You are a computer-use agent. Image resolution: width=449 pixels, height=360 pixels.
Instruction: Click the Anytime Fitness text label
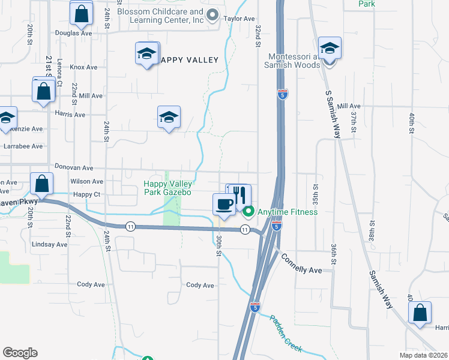(288, 212)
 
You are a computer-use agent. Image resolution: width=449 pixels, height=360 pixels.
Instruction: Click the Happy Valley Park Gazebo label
(167, 188)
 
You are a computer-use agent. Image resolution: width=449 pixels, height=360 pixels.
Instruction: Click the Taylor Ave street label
(240, 19)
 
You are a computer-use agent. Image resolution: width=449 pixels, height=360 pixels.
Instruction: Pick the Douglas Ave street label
(74, 34)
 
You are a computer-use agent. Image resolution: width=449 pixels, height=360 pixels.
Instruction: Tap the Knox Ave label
(83, 67)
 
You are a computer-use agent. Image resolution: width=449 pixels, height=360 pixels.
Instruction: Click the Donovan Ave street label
(74, 169)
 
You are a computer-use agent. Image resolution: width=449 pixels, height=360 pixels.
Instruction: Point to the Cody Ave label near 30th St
(200, 285)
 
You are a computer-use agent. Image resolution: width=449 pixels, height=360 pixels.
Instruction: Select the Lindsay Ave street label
(49, 244)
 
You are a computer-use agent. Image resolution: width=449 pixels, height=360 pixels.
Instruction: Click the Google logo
(20, 353)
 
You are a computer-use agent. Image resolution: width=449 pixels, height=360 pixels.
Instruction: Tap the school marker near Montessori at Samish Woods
(330, 48)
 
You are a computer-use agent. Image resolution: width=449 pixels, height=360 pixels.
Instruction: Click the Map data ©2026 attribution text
(423, 355)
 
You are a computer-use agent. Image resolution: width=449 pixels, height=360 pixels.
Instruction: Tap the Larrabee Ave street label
(23, 146)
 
